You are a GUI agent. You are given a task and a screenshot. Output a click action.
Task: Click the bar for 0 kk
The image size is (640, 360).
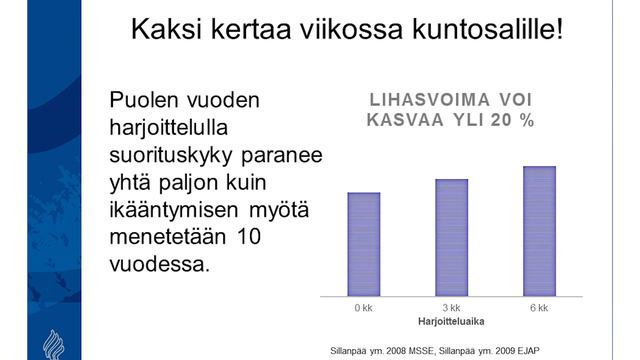click(x=364, y=244)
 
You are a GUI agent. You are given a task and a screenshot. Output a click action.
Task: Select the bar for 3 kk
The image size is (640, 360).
click(x=452, y=237)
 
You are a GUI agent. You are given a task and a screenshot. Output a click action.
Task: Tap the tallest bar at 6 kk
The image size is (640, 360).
click(x=539, y=231)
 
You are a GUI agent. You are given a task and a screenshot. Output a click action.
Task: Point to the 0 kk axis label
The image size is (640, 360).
click(x=364, y=308)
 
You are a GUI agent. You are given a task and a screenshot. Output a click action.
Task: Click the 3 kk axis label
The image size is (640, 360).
click(x=452, y=308)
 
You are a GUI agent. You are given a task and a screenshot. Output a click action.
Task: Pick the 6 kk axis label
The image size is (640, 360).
click(x=539, y=308)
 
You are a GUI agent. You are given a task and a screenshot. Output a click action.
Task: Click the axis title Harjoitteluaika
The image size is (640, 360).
click(x=452, y=322)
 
